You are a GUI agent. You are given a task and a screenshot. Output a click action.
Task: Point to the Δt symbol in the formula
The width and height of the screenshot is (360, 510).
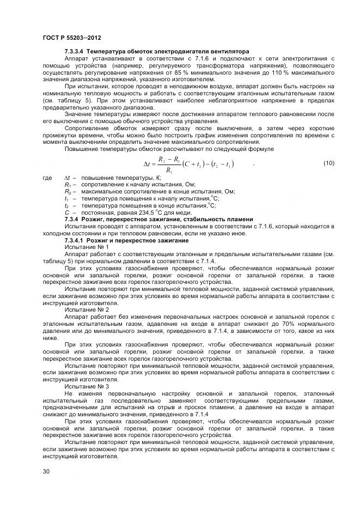click(x=133, y=164)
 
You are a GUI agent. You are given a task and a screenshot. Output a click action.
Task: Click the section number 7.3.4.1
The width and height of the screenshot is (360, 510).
click(x=77, y=240)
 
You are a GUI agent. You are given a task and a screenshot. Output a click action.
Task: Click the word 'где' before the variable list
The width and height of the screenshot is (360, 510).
click(x=47, y=178)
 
